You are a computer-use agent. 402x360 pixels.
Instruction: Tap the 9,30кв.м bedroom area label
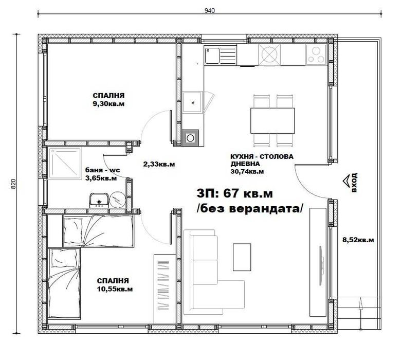pyautogui.click(x=108, y=100)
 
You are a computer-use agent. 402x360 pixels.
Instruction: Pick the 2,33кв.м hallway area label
pyautogui.click(x=158, y=165)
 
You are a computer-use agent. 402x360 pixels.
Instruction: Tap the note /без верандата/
pyautogui.click(x=250, y=208)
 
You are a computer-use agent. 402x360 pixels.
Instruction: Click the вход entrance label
pyautogui.click(x=354, y=182)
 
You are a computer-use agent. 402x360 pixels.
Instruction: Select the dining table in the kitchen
pyautogui.click(x=272, y=120)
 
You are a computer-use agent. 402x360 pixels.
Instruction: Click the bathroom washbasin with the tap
pyautogui.click(x=98, y=200)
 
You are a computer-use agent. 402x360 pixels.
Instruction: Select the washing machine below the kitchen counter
pyautogui.click(x=190, y=137)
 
